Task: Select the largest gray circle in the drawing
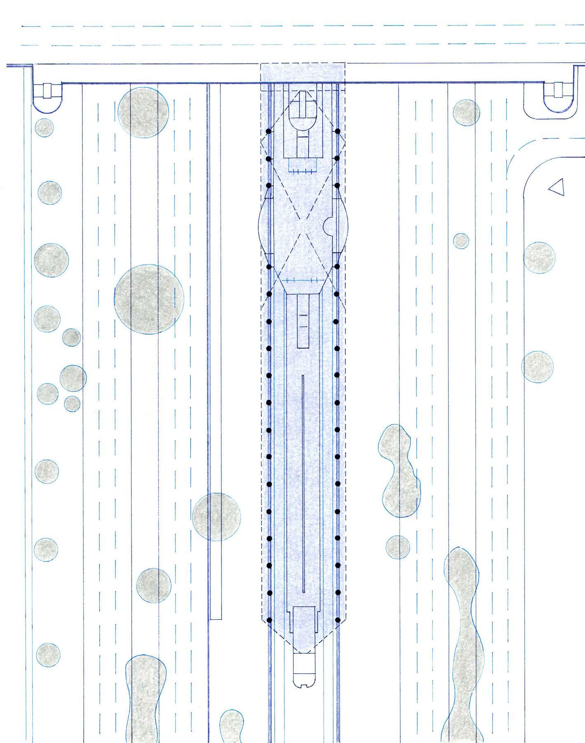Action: [149, 299]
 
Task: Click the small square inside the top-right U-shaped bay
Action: [559, 89]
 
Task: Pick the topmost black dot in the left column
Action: [268, 131]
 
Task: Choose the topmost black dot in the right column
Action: [337, 131]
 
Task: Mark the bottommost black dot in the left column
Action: [268, 620]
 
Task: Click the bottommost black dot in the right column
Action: [337, 620]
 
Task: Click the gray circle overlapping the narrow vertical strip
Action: [216, 517]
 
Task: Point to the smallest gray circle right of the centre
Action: [461, 241]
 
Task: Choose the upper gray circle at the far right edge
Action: [539, 258]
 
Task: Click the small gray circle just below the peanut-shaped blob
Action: [398, 547]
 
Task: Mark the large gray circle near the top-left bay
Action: [143, 112]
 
